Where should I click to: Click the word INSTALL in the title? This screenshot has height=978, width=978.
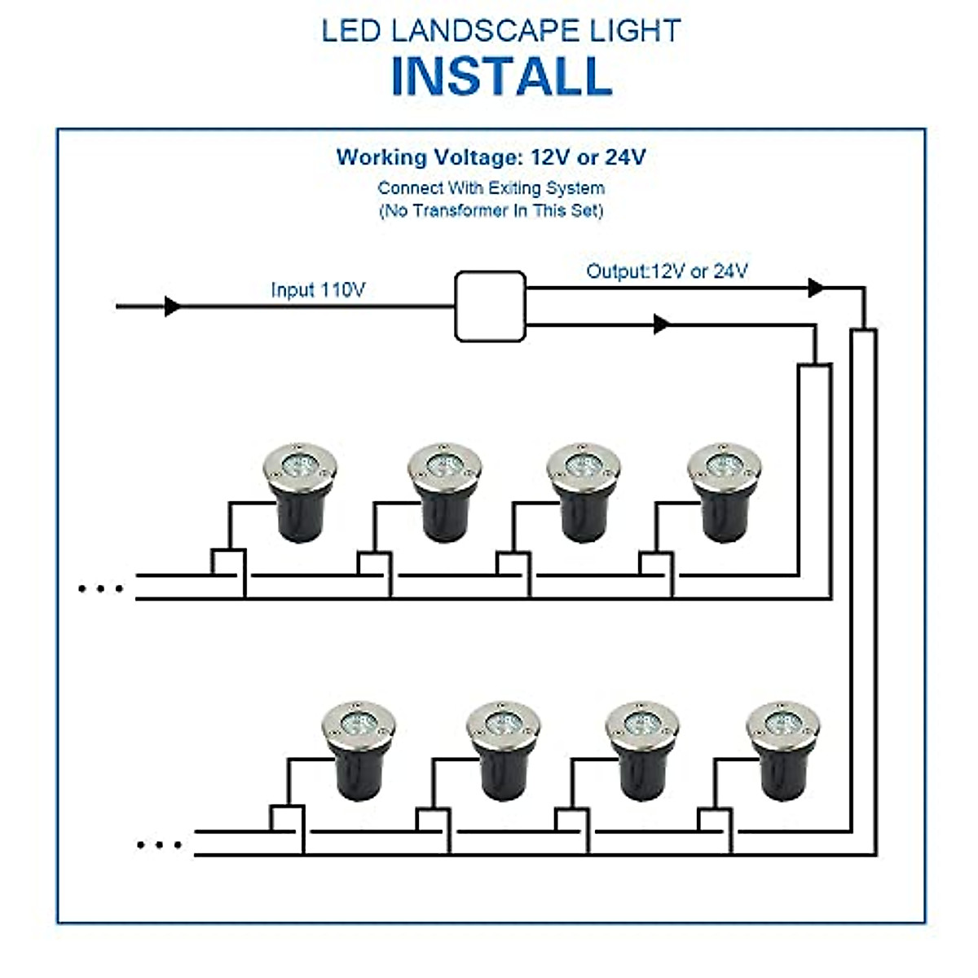pyautogui.click(x=501, y=76)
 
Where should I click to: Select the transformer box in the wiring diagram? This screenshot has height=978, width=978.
pyautogui.click(x=490, y=306)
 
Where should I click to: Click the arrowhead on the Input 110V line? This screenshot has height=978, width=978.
pyautogui.click(x=172, y=306)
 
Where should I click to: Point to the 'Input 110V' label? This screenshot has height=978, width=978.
pyautogui.click(x=318, y=290)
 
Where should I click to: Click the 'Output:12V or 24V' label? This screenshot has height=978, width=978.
pyautogui.click(x=667, y=271)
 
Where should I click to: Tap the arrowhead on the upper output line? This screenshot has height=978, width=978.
pyautogui.click(x=815, y=288)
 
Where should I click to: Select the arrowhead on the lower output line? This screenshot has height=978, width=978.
pyautogui.click(x=662, y=324)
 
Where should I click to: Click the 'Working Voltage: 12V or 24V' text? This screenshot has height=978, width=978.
pyautogui.click(x=491, y=157)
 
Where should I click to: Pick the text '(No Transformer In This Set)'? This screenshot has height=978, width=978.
pyautogui.click(x=491, y=211)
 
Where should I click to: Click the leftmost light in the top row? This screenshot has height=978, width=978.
pyautogui.click(x=300, y=491)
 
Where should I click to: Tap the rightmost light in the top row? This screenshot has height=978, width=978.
pyautogui.click(x=724, y=491)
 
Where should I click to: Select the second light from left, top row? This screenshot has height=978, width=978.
pyautogui.click(x=444, y=491)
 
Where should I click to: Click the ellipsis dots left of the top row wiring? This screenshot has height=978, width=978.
pyautogui.click(x=100, y=588)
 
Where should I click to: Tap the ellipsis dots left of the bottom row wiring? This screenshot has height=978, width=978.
pyautogui.click(x=159, y=844)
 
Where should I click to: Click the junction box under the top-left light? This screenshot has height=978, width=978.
pyautogui.click(x=229, y=563)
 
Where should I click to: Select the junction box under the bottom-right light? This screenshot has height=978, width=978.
pyautogui.click(x=714, y=820)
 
